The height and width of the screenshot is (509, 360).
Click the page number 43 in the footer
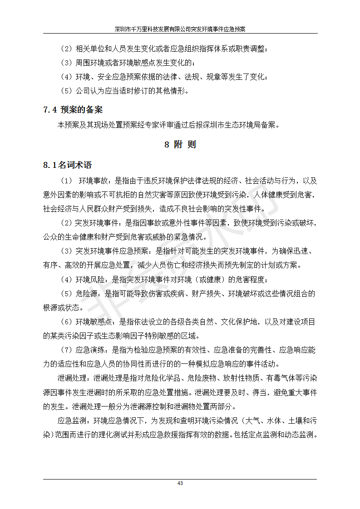coord(180,483)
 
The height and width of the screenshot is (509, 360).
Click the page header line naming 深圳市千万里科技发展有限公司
coord(180,29)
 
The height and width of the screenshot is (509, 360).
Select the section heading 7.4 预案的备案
coord(73,110)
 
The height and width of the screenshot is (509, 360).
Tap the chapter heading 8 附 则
coord(180,145)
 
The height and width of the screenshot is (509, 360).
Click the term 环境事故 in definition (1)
coord(94,181)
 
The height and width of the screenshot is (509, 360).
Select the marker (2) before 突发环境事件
coord(66,223)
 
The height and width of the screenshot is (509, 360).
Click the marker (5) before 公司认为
coord(66,91)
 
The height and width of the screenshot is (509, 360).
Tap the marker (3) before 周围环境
coord(66,63)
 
